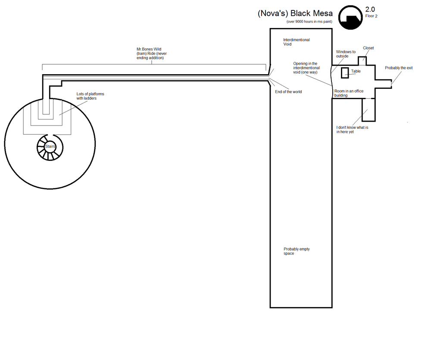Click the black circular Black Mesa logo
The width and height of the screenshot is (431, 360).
(x=350, y=18)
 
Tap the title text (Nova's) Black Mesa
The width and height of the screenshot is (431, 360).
(x=295, y=13)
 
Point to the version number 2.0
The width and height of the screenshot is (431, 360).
(x=370, y=9)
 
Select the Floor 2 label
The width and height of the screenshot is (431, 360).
(x=372, y=16)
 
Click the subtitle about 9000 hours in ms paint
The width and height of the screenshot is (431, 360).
(x=309, y=22)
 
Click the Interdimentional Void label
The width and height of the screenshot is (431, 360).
(x=297, y=42)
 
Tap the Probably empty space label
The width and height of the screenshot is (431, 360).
(x=297, y=251)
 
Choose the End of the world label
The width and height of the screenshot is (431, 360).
(x=288, y=92)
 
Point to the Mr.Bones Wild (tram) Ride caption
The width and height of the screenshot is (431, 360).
(x=151, y=53)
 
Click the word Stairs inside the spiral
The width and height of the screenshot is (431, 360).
(x=50, y=146)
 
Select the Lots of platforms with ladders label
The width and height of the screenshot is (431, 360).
(x=90, y=96)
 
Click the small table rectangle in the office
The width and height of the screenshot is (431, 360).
(x=345, y=73)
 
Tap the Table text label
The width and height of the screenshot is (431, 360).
(x=356, y=71)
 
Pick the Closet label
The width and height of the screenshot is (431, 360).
(x=369, y=48)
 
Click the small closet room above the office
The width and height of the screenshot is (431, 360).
(x=362, y=61)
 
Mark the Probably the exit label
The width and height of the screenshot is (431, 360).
(x=399, y=68)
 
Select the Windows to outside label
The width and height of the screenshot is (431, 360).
(x=346, y=54)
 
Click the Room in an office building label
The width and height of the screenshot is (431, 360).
(x=349, y=93)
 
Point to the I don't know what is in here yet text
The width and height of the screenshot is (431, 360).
(x=352, y=129)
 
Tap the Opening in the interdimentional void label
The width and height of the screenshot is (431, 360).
(x=306, y=68)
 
